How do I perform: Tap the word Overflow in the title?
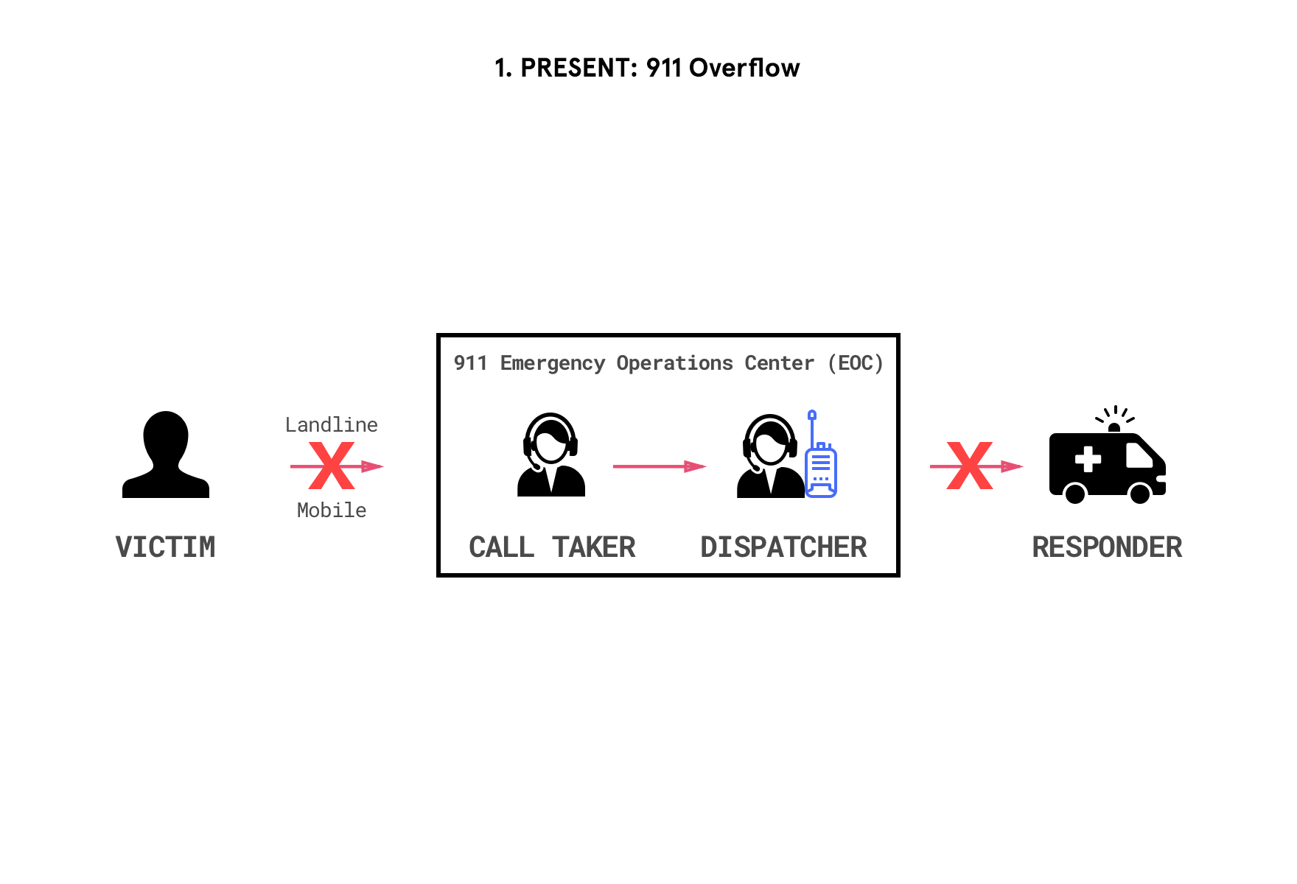pyautogui.click(x=744, y=68)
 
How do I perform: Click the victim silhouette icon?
pyautogui.click(x=166, y=455)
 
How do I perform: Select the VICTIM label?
pyautogui.click(x=166, y=547)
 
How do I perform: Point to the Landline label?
pyautogui.click(x=331, y=425)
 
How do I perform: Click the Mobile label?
pyautogui.click(x=331, y=511)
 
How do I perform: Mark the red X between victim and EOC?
pyautogui.click(x=331, y=466)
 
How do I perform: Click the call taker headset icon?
pyautogui.click(x=550, y=455)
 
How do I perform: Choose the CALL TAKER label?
pyautogui.click(x=552, y=547)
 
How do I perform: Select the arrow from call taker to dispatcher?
pyautogui.click(x=659, y=466)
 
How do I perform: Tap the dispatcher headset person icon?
pyautogui.click(x=769, y=456)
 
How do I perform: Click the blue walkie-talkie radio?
pyautogui.click(x=821, y=464)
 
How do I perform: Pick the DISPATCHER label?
pyautogui.click(x=783, y=547)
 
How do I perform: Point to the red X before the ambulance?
pyautogui.click(x=970, y=466)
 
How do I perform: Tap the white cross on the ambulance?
pyautogui.click(x=1088, y=460)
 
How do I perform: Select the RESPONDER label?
pyautogui.click(x=1107, y=547)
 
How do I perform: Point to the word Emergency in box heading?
pyautogui.click(x=553, y=363)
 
